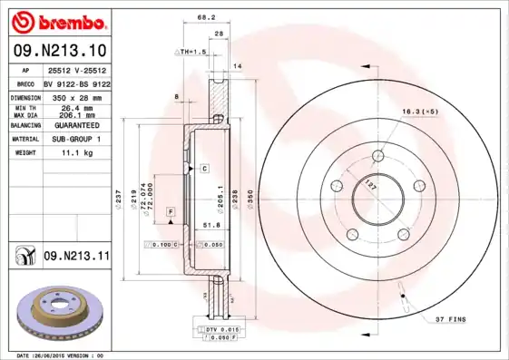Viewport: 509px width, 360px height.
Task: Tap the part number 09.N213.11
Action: [x=75, y=257]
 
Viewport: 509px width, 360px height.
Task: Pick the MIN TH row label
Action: [x=24, y=106]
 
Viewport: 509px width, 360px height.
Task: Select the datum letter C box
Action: [x=205, y=169]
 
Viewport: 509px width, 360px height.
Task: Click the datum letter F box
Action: [x=169, y=211]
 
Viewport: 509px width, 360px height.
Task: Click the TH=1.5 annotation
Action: [x=193, y=53]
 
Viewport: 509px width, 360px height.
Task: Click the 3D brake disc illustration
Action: [x=57, y=314]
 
